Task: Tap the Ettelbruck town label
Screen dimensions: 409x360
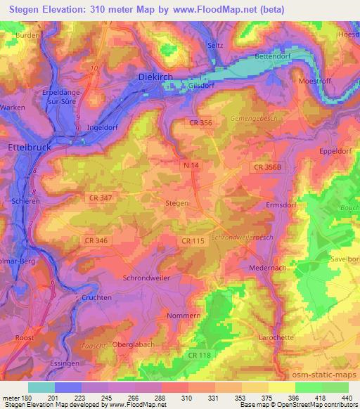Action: [27, 148]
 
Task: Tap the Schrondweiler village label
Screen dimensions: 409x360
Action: [148, 278]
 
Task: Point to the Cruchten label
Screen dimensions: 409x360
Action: [97, 298]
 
